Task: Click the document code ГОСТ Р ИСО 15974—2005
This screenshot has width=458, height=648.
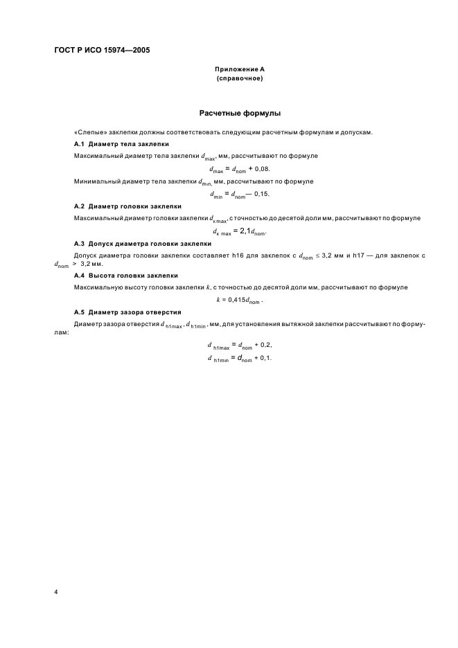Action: (102, 50)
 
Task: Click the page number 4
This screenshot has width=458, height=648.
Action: (55, 593)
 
